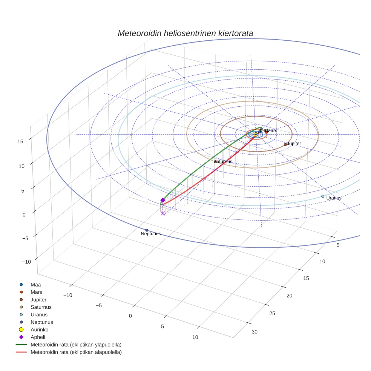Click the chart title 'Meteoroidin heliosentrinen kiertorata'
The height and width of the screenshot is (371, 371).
(185, 33)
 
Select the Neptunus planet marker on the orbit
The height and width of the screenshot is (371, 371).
(147, 230)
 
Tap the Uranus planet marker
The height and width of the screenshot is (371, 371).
(323, 196)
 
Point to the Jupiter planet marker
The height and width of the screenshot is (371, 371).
(285, 144)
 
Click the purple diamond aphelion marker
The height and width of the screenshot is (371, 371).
(163, 200)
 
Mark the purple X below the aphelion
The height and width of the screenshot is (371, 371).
(163, 213)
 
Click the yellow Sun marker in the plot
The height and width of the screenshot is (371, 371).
(256, 135)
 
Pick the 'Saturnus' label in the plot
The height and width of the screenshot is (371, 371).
(223, 162)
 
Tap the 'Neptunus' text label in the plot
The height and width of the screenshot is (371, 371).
(151, 234)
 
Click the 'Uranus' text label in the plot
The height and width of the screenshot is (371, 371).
(334, 198)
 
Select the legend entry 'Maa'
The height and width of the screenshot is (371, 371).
(35, 284)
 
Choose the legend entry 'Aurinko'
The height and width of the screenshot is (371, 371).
(39, 330)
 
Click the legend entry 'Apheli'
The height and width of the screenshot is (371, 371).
(37, 337)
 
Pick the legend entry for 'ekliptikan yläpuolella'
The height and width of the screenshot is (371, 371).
(76, 345)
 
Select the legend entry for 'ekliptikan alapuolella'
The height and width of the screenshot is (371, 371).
(76, 352)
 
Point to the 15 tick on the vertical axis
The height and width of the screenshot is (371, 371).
(20, 141)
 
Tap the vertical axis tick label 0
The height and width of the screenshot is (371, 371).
(24, 215)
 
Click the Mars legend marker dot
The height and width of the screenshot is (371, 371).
(21, 292)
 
